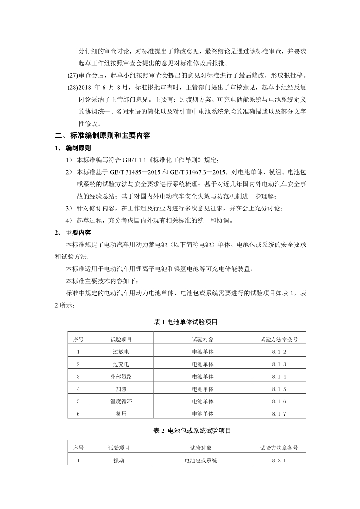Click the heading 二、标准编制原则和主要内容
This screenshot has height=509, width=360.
(103, 135)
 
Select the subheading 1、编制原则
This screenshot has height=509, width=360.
(73, 148)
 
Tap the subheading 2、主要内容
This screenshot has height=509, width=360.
(73, 233)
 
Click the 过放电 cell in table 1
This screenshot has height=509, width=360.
(121, 352)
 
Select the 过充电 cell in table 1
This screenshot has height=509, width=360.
(121, 364)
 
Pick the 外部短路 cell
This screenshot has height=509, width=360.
(121, 377)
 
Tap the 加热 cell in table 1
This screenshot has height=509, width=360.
(121, 389)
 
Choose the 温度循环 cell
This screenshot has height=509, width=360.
(121, 401)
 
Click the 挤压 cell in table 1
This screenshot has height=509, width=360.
(121, 414)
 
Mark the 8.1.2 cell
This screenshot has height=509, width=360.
(279, 352)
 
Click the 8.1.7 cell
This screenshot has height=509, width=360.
(279, 414)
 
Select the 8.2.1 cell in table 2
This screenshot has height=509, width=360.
(279, 460)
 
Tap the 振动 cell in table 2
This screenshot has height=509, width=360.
(119, 460)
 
